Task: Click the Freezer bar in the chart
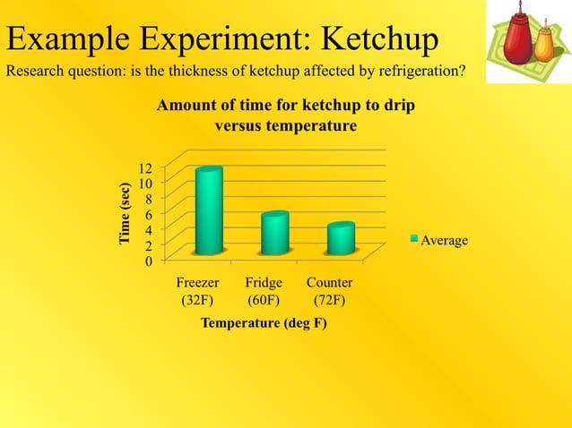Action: (209, 210)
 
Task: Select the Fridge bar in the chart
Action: (274, 233)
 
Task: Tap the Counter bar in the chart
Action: (341, 238)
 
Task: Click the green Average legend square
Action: (414, 240)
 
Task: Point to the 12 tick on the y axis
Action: (145, 167)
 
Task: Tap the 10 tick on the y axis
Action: (145, 183)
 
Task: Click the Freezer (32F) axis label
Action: (197, 291)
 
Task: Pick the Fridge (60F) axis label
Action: (264, 291)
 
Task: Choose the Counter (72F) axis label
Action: (329, 291)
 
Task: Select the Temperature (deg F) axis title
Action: (263, 322)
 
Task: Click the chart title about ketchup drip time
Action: (285, 116)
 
